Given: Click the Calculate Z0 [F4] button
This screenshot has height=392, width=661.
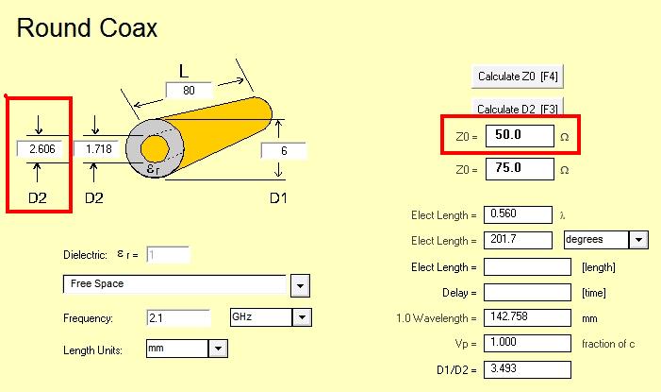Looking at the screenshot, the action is point(518,77).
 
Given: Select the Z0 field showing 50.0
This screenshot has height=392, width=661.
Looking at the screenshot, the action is point(520,136).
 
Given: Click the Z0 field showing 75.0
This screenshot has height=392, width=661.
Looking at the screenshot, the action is point(520,169).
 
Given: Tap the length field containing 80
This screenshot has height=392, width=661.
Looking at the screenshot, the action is point(189,91).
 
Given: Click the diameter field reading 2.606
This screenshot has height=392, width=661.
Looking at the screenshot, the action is point(42,148).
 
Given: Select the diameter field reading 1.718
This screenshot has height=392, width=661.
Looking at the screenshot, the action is point(99,148).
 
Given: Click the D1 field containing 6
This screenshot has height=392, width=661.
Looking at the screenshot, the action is point(283,151).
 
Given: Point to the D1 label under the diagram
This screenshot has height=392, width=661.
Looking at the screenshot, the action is point(278,197).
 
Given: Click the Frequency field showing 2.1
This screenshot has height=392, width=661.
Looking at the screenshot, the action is point(178,317).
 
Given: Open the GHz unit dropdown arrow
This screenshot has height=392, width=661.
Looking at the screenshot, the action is point(302,317).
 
